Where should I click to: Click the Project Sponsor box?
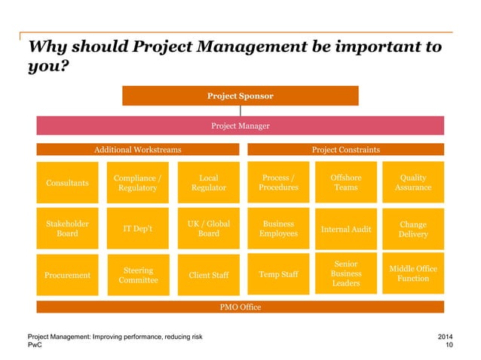click(x=240, y=96)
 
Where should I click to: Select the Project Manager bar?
click(x=240, y=126)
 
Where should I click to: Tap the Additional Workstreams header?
click(x=137, y=150)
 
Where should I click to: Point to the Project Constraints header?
click(x=346, y=150)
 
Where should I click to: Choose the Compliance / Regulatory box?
click(x=137, y=183)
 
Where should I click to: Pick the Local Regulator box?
click(x=208, y=183)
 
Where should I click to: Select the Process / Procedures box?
click(x=278, y=183)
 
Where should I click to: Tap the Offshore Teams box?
click(x=346, y=183)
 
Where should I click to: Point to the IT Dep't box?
click(x=137, y=228)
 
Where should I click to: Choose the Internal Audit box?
click(x=346, y=228)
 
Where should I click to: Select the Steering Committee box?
click(x=137, y=275)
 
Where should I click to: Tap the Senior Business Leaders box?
click(x=346, y=275)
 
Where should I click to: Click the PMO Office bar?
click(x=240, y=307)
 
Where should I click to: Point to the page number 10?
click(x=449, y=345)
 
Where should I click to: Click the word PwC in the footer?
click(x=35, y=345)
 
